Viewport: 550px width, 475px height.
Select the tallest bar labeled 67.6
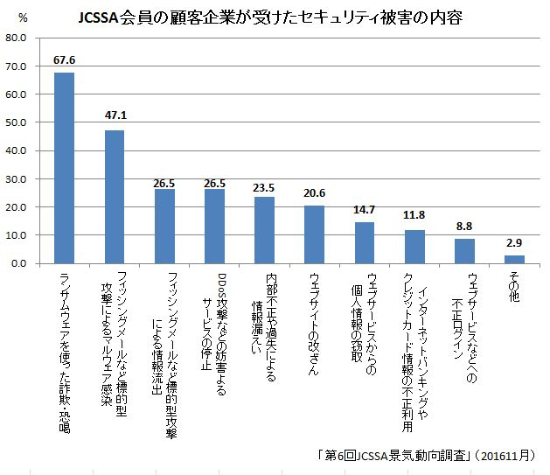click(65, 167)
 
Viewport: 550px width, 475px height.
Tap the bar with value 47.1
click(115, 197)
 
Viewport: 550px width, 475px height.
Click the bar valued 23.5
click(264, 230)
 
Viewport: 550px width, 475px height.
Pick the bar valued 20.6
click(314, 234)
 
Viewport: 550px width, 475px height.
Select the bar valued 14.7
click(365, 242)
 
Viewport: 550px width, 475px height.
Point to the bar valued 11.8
click(414, 247)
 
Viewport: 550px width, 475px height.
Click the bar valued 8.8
click(464, 251)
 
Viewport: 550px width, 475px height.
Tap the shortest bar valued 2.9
click(514, 259)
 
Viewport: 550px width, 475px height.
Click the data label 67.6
click(65, 60)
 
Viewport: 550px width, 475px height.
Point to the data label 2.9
click(514, 244)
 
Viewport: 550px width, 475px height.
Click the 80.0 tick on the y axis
click(17, 38)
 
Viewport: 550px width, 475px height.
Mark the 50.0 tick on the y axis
click(17, 122)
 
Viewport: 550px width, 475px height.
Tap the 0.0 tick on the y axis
click(20, 263)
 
